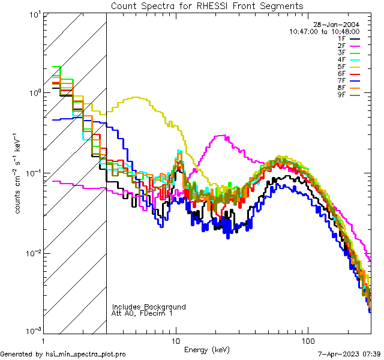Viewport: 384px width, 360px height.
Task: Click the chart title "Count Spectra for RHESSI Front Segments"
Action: [207, 6]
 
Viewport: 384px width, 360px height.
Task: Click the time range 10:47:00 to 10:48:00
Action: [324, 31]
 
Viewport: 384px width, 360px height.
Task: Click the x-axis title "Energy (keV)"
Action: [206, 349]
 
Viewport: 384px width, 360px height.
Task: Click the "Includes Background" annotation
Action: [149, 307]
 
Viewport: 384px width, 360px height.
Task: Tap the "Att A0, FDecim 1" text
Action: [143, 313]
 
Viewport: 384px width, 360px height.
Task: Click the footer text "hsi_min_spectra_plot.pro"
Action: [86, 355]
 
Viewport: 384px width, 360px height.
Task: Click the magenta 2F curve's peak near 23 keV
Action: [223, 136]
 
